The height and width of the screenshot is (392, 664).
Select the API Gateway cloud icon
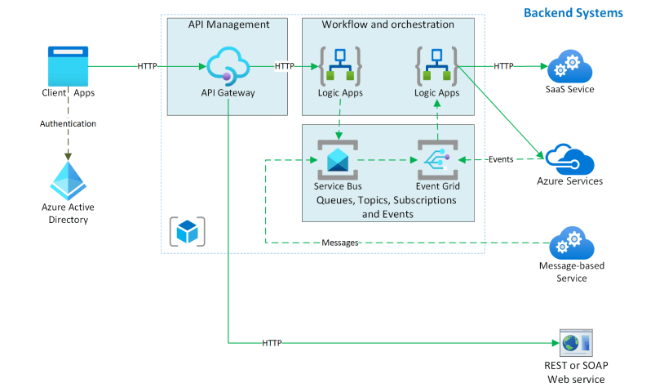[227, 66]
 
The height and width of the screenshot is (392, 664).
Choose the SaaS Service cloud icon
[564, 65]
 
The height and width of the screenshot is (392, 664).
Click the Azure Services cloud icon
[569, 158]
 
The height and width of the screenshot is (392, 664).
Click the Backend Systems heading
[573, 13]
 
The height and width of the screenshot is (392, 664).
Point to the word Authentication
[68, 124]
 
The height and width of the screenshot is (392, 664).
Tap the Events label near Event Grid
[500, 159]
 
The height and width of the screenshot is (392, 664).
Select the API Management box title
[228, 24]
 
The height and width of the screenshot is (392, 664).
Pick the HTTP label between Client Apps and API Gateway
[148, 66]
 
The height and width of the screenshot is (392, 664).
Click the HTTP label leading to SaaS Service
[503, 66]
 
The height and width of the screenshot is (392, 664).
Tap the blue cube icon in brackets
[188, 231]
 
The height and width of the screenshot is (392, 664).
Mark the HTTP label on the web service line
[272, 343]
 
